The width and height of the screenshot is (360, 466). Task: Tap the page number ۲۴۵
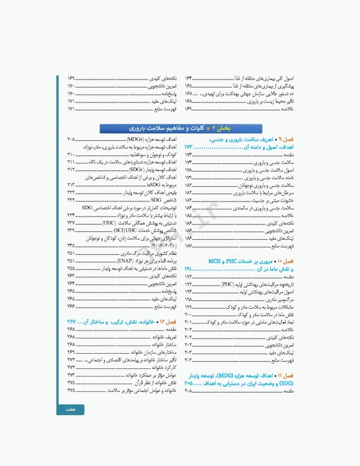point(72,245)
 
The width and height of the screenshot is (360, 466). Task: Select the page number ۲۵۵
point(72,268)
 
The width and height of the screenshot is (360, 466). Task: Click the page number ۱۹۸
point(189,300)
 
